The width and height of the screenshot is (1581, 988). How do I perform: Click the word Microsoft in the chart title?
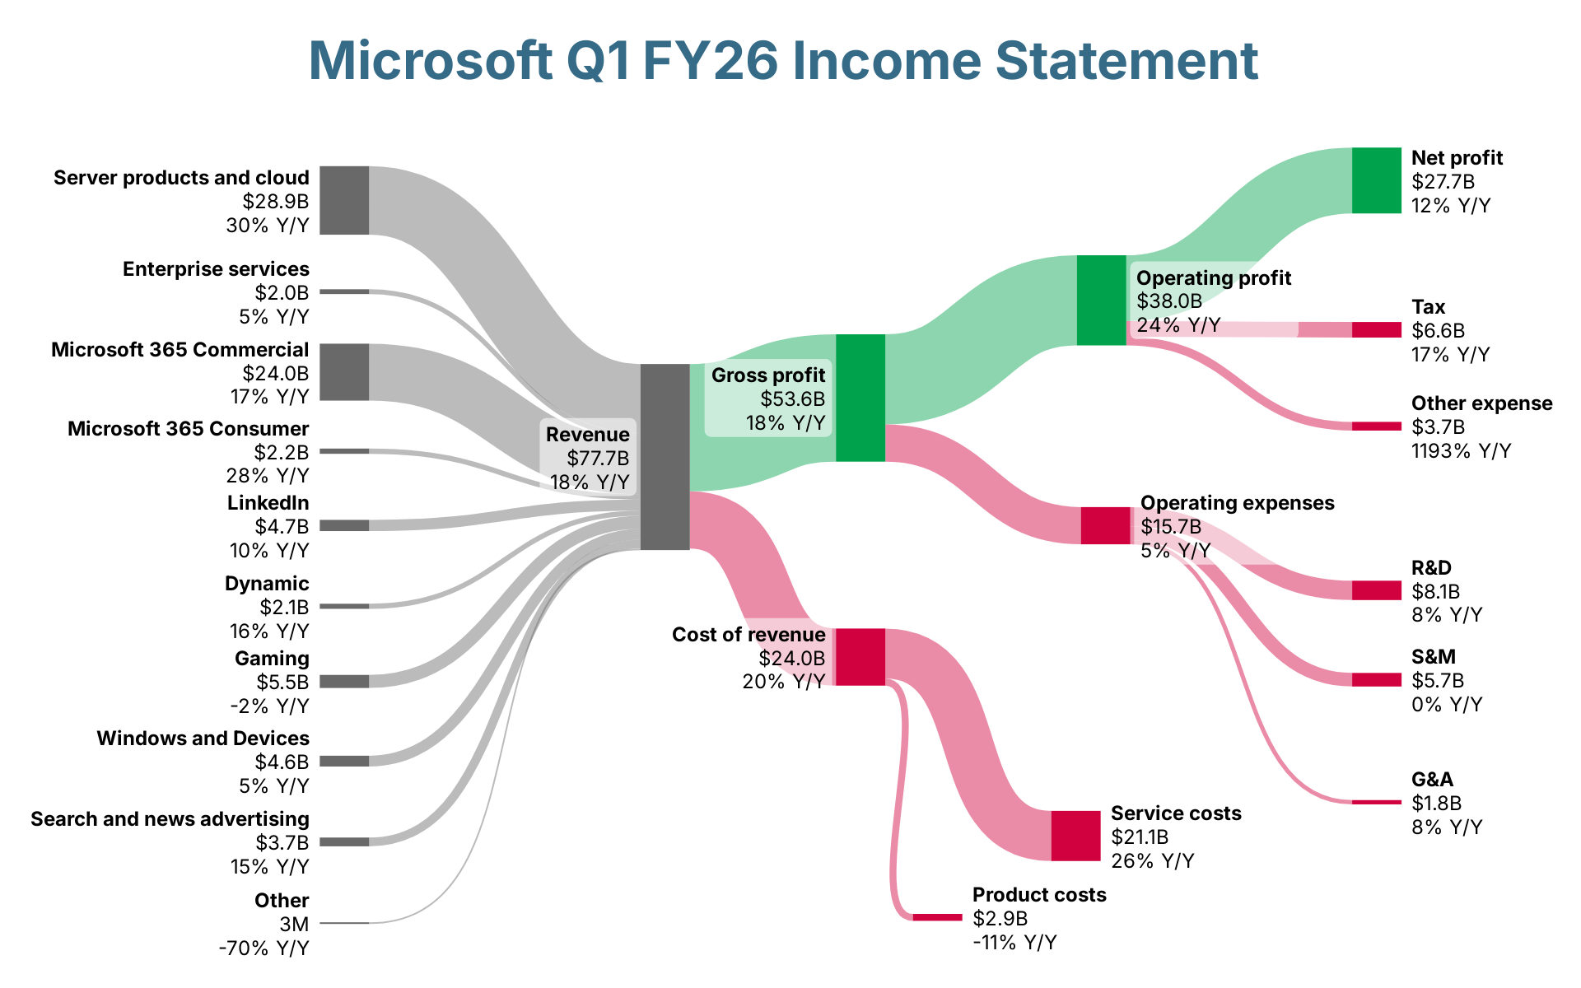coord(430,61)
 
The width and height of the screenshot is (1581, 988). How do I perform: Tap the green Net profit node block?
coord(1376,180)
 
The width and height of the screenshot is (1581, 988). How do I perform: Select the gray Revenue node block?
coord(665,456)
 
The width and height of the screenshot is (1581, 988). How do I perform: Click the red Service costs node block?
coord(1075,836)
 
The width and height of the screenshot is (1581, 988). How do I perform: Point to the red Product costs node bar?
coord(937,917)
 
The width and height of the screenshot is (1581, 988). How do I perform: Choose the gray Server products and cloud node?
coord(344,200)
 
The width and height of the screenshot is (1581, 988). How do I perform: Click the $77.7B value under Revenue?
coord(598,458)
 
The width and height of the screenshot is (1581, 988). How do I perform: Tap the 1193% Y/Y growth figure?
coord(1461,450)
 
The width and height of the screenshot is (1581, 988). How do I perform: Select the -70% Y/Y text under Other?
coord(263,948)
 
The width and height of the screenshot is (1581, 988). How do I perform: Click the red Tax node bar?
coord(1376,329)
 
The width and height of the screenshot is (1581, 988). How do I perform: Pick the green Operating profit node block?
coord(1101,300)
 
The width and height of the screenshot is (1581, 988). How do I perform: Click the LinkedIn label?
coord(268,502)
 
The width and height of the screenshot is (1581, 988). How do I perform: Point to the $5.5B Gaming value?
coord(282,682)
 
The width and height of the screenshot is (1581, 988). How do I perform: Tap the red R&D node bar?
coord(1376,590)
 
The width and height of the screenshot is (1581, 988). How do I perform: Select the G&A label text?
coord(1432,779)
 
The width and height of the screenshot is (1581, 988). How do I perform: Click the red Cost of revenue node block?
coord(860,656)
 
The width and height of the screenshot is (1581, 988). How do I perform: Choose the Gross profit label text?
coord(767,375)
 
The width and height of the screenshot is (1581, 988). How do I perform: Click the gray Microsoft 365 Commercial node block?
coord(344,372)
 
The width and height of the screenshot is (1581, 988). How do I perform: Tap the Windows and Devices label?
coord(203,738)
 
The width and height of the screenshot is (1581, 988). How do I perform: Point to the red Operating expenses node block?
coord(1105,525)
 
